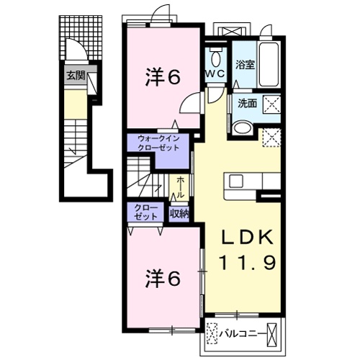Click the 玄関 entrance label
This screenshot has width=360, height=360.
coord(74,74)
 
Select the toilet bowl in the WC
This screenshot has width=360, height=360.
coord(215,56)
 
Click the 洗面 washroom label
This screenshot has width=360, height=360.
coord(248,104)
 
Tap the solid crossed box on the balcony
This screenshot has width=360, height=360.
coord(274,334)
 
